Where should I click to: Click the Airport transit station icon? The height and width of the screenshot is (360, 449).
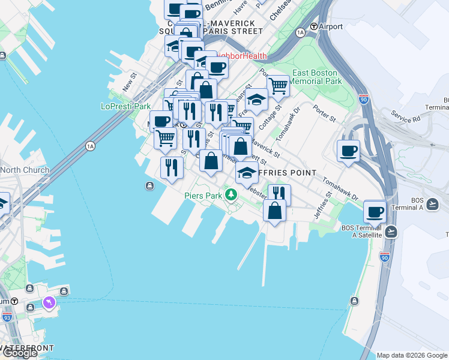click(x=313, y=27)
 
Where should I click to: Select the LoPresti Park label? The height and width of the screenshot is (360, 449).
click(x=125, y=106)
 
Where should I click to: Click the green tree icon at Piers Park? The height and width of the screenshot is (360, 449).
click(x=231, y=194)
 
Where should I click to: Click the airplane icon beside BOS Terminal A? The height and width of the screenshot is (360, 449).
click(x=434, y=203)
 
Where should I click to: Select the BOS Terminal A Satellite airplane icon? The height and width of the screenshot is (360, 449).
click(x=391, y=231)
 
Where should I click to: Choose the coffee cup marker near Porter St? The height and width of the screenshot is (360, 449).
click(x=348, y=151)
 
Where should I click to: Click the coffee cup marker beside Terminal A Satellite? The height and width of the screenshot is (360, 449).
click(x=375, y=211)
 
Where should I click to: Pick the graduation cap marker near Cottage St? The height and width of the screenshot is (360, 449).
click(x=256, y=99)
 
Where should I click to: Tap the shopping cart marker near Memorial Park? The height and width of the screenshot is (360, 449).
click(x=278, y=86)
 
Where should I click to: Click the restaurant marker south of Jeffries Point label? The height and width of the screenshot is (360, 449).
click(x=279, y=193)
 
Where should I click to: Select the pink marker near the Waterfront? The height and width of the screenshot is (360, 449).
click(x=48, y=302)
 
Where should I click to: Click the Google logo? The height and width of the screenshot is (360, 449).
click(x=20, y=353)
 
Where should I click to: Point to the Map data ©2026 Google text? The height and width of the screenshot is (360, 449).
click(x=411, y=355)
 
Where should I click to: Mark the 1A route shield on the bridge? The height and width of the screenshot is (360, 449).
click(x=91, y=145)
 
